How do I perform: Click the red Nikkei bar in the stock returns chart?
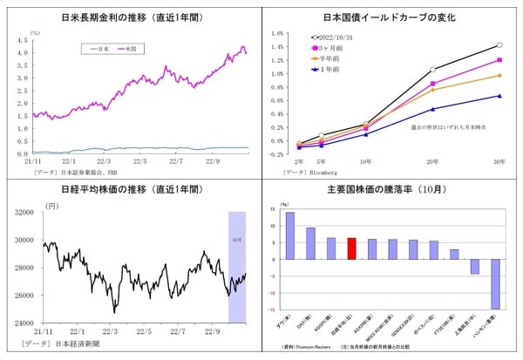point(351,248)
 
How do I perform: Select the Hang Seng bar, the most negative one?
point(495,283)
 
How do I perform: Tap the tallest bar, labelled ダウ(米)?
point(290,235)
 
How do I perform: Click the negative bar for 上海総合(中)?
point(474,266)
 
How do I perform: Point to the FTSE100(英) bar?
point(454,254)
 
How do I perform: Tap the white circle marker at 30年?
point(499,45)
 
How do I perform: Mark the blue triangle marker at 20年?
point(432,109)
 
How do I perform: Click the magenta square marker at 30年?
point(499,60)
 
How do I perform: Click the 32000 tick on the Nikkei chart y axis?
point(21,212)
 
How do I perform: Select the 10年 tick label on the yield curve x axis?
point(364,161)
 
